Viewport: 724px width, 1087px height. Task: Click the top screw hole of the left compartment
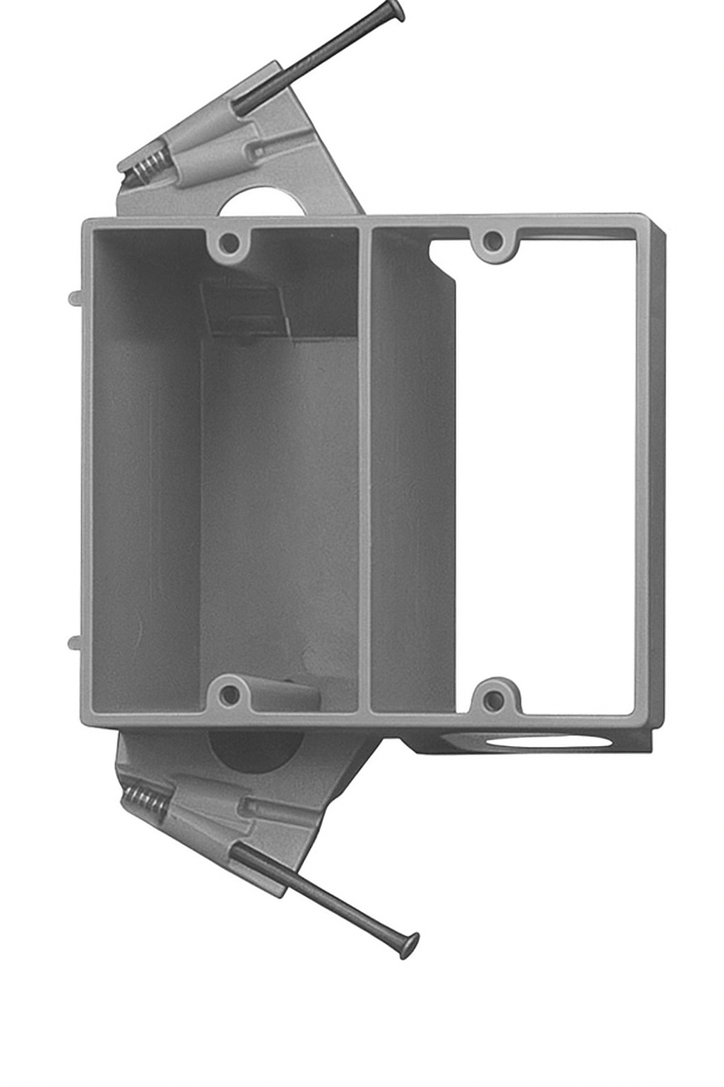tap(228, 243)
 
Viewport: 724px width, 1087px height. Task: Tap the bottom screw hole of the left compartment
tap(228, 694)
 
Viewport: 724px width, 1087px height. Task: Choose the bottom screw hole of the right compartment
tap(494, 699)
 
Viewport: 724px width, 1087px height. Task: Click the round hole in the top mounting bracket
tap(262, 202)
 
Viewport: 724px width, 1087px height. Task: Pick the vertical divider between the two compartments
tap(364, 467)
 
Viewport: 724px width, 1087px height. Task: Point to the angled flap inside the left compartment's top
tap(244, 308)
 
